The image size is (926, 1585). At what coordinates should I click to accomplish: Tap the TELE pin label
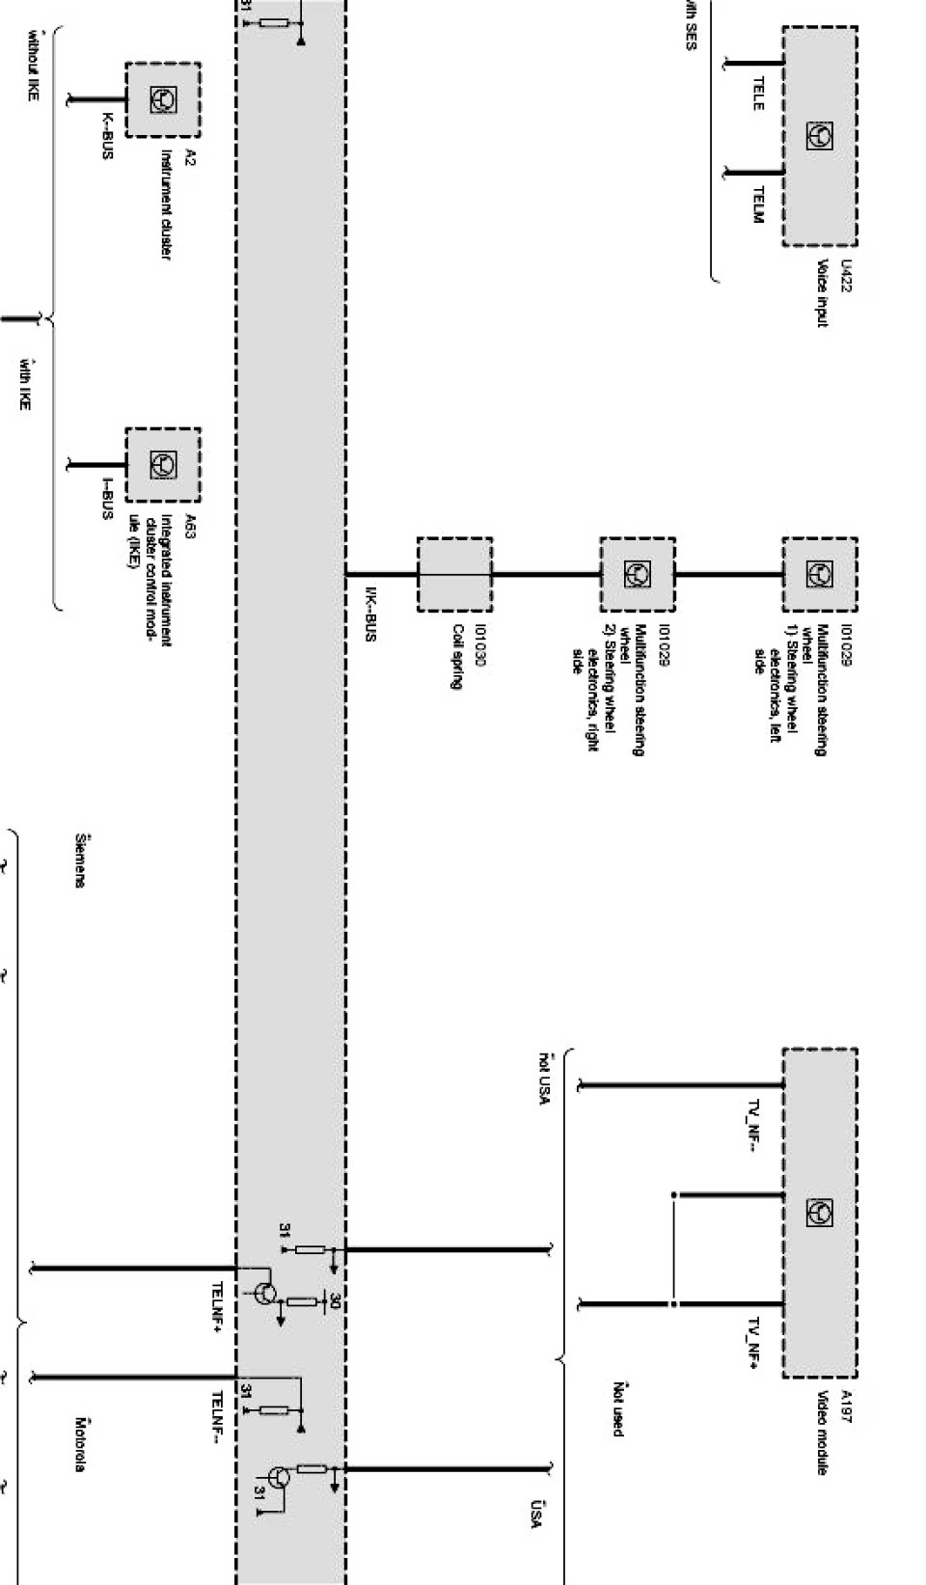[x=757, y=94]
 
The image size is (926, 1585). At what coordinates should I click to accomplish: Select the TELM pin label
[x=757, y=205]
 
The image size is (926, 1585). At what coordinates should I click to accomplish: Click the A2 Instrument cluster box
[x=162, y=99]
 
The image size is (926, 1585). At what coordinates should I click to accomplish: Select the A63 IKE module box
[x=163, y=465]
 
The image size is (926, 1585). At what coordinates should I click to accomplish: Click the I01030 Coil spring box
[x=454, y=575]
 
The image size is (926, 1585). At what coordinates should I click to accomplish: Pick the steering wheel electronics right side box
[x=637, y=575]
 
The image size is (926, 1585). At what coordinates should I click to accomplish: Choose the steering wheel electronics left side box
[x=819, y=575]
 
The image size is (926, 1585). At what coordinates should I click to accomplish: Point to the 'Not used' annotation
[x=617, y=1408]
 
